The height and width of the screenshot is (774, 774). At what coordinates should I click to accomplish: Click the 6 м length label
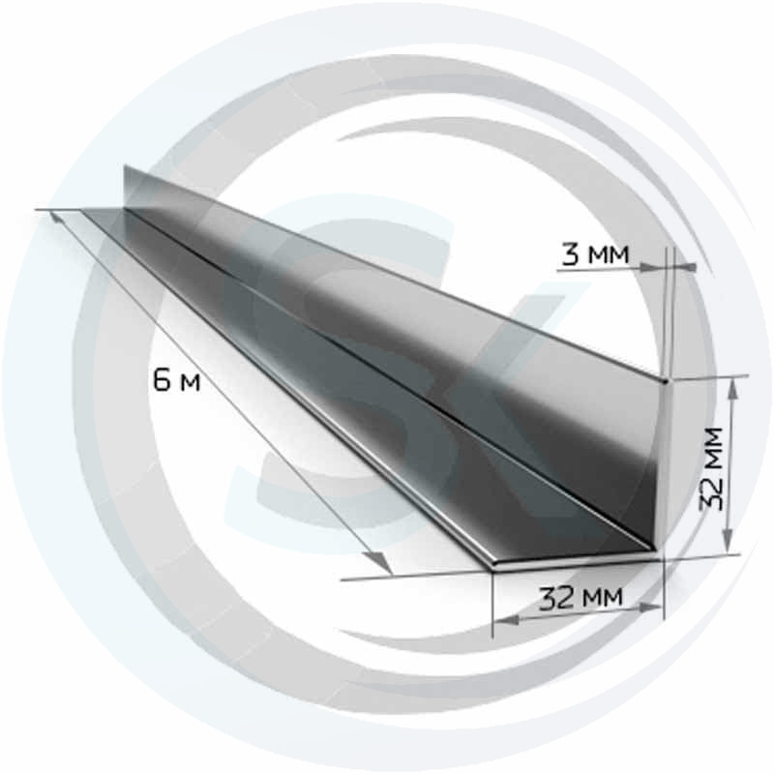pyautogui.click(x=177, y=380)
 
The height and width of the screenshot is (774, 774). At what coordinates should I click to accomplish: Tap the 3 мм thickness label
pyautogui.click(x=596, y=253)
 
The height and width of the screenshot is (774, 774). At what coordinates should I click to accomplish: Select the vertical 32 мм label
pyautogui.click(x=712, y=469)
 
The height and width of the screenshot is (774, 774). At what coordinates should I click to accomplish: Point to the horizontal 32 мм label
pyautogui.click(x=580, y=598)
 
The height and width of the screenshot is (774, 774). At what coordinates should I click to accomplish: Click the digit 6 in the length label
pyautogui.click(x=162, y=380)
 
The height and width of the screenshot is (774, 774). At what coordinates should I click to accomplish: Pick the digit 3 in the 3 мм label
pyautogui.click(x=570, y=253)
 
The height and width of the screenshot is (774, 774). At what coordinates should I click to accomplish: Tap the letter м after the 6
pyautogui.click(x=190, y=383)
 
